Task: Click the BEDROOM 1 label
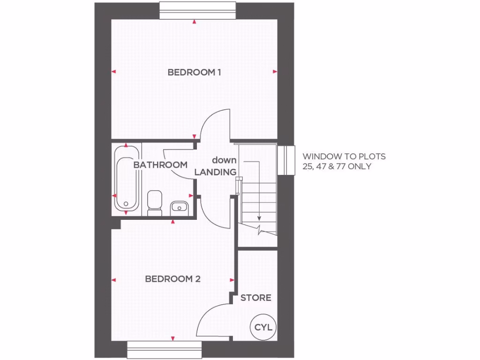click(x=194, y=73)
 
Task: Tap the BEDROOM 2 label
click(x=172, y=279)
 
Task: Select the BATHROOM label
click(x=160, y=165)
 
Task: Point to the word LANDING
click(x=215, y=172)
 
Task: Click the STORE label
click(x=256, y=298)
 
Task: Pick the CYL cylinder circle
click(x=263, y=328)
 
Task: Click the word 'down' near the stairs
click(x=224, y=160)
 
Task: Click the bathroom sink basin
click(x=180, y=207)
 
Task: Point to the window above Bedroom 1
click(x=196, y=11)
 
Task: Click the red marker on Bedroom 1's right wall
click(x=275, y=72)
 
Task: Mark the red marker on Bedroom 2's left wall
click(x=113, y=280)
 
